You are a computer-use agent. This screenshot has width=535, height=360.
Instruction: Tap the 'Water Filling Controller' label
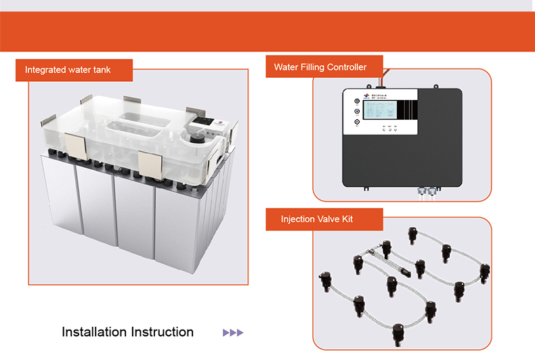pos(320,67)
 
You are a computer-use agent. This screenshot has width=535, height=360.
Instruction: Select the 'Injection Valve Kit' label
pos(317,219)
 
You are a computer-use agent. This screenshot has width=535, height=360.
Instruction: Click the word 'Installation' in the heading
pos(95,332)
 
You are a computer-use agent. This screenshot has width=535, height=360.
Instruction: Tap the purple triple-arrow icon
pos(232,333)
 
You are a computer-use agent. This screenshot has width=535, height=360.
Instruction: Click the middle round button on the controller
pos(357,112)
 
